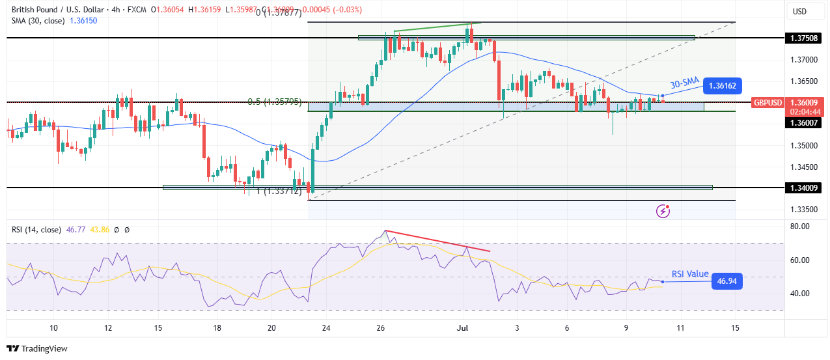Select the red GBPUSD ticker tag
(x=766, y=102)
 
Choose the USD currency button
(x=799, y=11)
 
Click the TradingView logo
(x=37, y=348)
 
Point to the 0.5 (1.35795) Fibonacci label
(x=274, y=102)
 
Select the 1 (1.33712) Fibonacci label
(x=278, y=191)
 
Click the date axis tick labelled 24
(x=326, y=327)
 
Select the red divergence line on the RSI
(x=437, y=241)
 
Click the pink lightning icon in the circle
(x=663, y=210)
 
